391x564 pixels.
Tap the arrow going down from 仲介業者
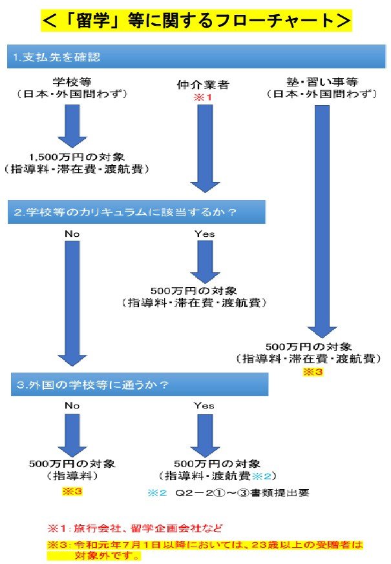tap(205, 148)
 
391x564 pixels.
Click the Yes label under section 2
tap(204, 234)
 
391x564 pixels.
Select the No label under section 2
tap(72, 234)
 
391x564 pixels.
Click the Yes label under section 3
tap(204, 405)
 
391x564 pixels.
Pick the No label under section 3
tap(72, 405)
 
